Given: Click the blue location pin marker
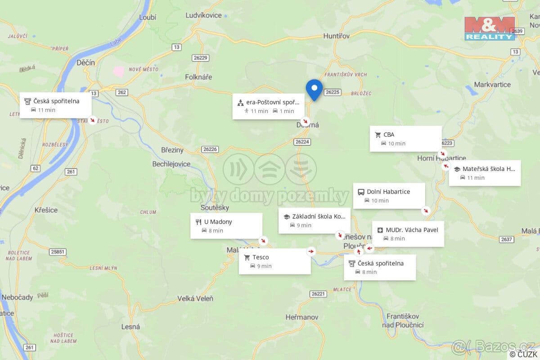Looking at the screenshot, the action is point(314,89).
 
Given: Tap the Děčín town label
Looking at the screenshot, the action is point(85,63).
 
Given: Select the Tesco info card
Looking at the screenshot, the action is point(274,261).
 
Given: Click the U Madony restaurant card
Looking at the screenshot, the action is point(226,226).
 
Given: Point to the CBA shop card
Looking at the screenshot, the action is point(405,139).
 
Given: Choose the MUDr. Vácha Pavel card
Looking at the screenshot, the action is point(408,234).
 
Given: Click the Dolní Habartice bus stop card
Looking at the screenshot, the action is point(389,196).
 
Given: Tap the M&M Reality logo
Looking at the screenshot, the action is point(490,28).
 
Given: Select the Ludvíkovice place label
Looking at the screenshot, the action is point(204,15).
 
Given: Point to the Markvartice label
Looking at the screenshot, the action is point(492,85).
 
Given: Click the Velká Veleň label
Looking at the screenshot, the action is point(195,298).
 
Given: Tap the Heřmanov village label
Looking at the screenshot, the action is point(301,317).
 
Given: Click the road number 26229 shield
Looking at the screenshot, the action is point(200,58).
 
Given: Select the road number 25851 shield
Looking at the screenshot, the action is point(58,252).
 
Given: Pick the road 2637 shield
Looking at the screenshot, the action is point(507,239).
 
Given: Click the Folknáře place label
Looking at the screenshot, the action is point(198,77).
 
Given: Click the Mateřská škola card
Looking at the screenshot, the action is point(485,173).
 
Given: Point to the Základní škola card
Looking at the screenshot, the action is point(314,220).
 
